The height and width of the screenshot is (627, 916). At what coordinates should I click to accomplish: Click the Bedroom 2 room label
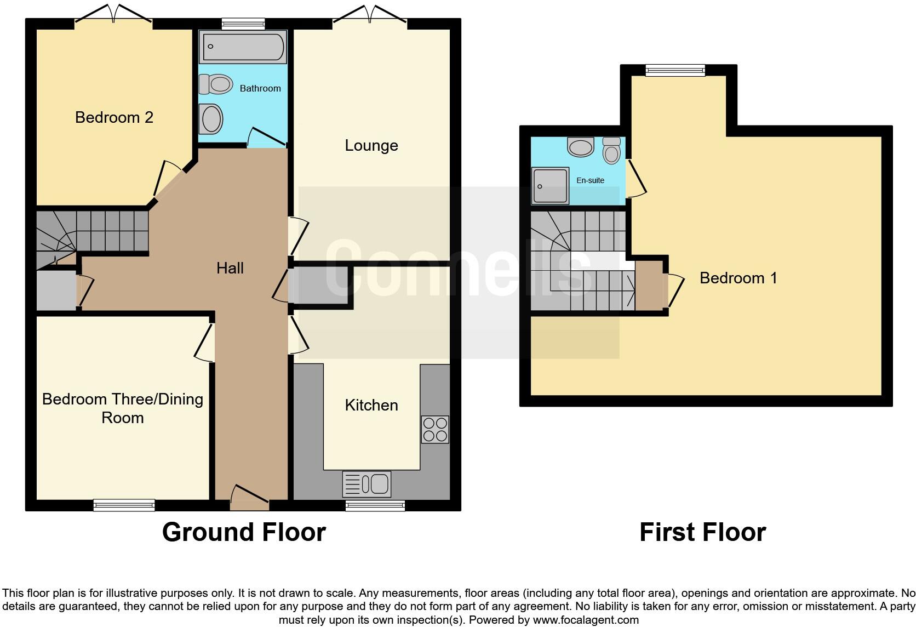(114, 117)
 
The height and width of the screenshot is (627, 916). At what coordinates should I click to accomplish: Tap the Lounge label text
(371, 145)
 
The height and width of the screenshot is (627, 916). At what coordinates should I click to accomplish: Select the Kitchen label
(371, 405)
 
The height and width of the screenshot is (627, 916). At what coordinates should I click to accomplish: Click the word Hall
(230, 268)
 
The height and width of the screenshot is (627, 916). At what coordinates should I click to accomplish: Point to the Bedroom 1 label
(738, 278)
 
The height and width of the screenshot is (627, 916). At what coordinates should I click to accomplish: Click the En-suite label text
(590, 180)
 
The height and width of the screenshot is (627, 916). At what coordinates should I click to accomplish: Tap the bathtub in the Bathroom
(243, 47)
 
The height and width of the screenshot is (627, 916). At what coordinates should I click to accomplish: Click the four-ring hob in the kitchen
(435, 429)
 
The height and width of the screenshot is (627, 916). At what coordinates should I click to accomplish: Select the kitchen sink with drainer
(367, 484)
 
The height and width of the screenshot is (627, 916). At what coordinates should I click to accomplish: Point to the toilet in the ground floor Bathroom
(214, 84)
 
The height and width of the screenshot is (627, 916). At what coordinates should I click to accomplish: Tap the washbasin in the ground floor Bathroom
(211, 118)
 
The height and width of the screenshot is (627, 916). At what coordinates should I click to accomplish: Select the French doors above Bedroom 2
(113, 15)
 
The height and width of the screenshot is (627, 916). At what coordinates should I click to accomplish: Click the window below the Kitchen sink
(375, 505)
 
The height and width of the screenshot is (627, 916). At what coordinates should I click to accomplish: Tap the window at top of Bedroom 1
(675, 70)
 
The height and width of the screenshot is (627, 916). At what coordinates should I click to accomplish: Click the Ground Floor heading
(244, 532)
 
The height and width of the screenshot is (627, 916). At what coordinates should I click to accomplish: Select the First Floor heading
(702, 532)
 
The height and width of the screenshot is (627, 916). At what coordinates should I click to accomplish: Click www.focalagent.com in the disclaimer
(586, 620)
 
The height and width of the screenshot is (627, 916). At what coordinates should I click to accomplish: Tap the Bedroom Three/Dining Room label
(123, 408)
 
